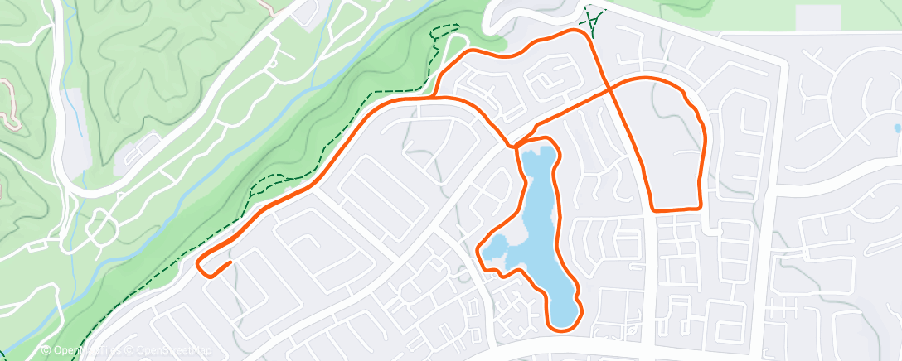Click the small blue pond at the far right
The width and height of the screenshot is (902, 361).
point(896,128)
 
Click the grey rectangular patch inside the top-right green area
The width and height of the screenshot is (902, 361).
point(817,17)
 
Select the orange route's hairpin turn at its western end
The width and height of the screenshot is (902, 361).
point(201,264)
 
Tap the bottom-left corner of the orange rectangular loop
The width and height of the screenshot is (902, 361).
point(653,209)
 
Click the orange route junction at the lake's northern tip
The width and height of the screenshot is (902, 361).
point(519,147)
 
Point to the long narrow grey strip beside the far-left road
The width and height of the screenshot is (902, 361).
point(75,124)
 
